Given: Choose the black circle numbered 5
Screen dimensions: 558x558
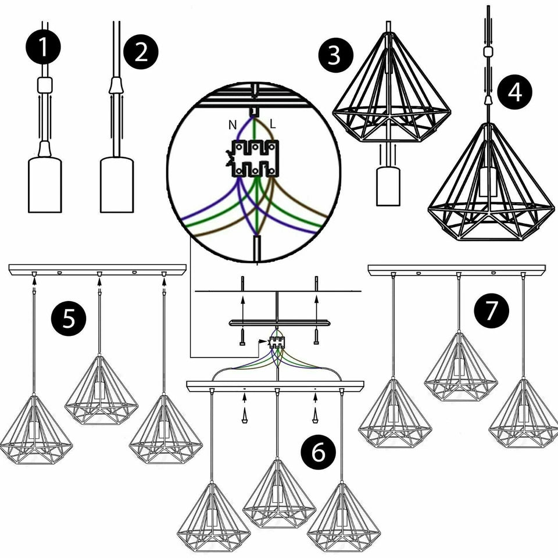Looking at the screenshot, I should click(69, 319).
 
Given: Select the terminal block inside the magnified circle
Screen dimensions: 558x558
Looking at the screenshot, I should click(255, 158).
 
